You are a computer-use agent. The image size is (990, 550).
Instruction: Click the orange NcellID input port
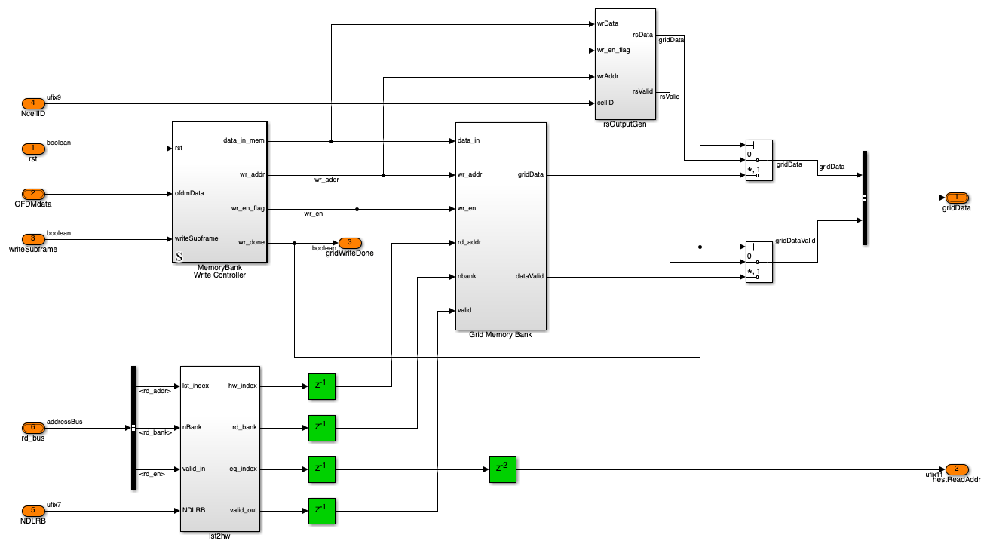coord(32,103)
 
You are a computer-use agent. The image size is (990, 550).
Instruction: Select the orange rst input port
coord(32,148)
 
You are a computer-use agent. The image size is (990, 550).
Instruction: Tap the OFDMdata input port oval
coord(32,194)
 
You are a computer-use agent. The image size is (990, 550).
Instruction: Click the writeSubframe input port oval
coord(32,239)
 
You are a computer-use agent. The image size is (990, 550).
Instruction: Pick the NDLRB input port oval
coord(32,511)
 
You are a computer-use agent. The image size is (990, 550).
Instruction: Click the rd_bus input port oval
coord(32,428)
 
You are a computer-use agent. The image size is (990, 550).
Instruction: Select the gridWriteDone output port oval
coord(349,243)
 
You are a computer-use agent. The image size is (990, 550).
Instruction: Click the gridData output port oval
coord(956,198)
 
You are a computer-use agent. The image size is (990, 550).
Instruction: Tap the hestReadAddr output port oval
coord(956,469)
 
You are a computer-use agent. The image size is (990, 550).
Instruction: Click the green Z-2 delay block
coord(503,469)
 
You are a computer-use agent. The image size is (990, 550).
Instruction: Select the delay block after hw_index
coord(322,386)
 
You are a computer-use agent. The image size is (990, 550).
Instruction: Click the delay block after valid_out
coord(322,511)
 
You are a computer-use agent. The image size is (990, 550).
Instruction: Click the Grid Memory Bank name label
coord(501,335)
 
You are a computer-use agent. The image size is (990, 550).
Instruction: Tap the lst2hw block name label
coord(219,536)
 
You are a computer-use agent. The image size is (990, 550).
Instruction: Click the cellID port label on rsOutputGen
coord(605,103)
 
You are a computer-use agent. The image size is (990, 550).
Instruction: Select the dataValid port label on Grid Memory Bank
coord(529,276)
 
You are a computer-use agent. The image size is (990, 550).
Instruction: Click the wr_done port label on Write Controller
coord(251,242)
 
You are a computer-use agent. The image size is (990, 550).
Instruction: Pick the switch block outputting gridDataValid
coord(759,262)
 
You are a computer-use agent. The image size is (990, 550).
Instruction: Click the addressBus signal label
coord(65,422)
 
